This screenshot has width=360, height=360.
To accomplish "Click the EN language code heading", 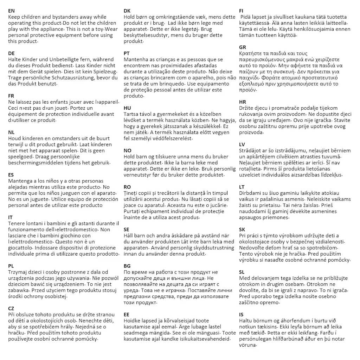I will (12, 11).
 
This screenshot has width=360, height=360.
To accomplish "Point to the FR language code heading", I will (11, 96).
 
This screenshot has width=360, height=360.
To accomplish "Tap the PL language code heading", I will (11, 266).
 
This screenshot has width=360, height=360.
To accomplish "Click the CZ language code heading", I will (11, 308).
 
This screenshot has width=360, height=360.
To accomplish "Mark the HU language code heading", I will (127, 108).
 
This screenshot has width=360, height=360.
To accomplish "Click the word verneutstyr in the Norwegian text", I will (138, 175).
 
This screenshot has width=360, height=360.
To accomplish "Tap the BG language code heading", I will (127, 266).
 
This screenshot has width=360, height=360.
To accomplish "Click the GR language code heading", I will (243, 47).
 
